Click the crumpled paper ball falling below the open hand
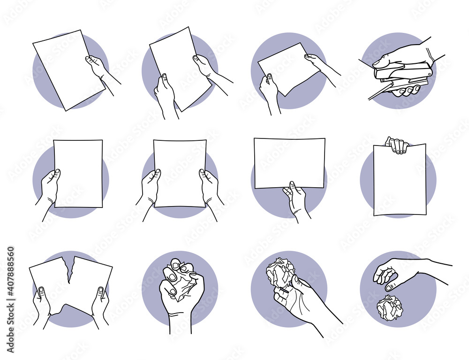click(x=389, y=308)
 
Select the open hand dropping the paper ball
click(x=394, y=272)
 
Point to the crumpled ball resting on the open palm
click(x=280, y=272)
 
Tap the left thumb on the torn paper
click(x=42, y=294)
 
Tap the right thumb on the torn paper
click(x=100, y=294)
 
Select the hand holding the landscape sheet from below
click(x=295, y=199)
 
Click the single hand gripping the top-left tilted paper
click(x=98, y=68)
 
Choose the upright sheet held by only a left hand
click(x=78, y=174)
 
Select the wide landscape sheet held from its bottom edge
click(x=289, y=162)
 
